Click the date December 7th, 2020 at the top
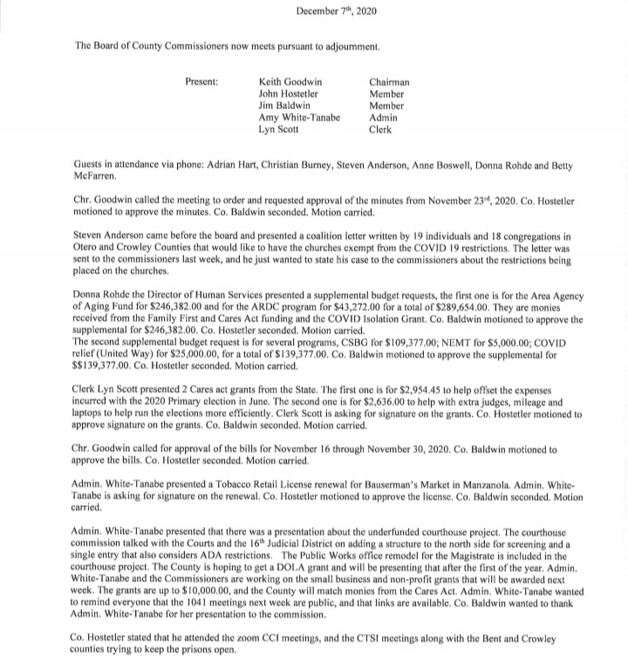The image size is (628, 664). point(330,10)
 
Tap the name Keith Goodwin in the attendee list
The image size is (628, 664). point(290,83)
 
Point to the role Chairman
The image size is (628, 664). point(389,83)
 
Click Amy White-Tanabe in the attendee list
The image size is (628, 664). point(299,117)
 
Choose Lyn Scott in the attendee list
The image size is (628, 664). point(279,128)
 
